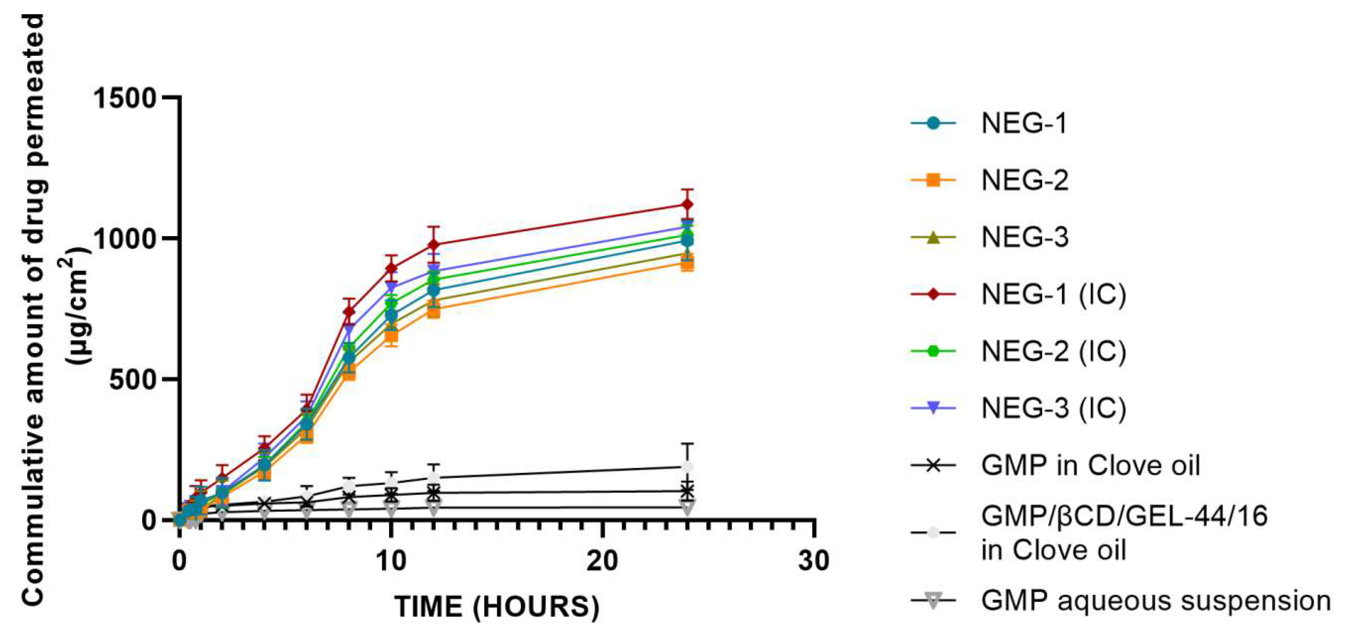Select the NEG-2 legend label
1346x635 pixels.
tap(1024, 181)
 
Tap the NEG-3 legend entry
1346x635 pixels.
tap(1024, 238)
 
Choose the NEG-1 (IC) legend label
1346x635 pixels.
tap(1053, 295)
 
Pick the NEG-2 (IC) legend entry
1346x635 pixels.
tap(1053, 352)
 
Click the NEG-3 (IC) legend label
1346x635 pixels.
tap(1053, 408)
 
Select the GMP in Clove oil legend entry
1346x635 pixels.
tap(1090, 465)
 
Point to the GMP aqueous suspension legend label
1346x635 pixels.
tap(1155, 600)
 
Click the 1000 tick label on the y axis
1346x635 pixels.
tap(125, 239)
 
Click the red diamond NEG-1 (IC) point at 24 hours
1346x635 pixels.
tap(688, 204)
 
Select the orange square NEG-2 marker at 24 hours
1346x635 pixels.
tap(688, 264)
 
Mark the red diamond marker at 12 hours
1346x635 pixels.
tap(434, 245)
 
